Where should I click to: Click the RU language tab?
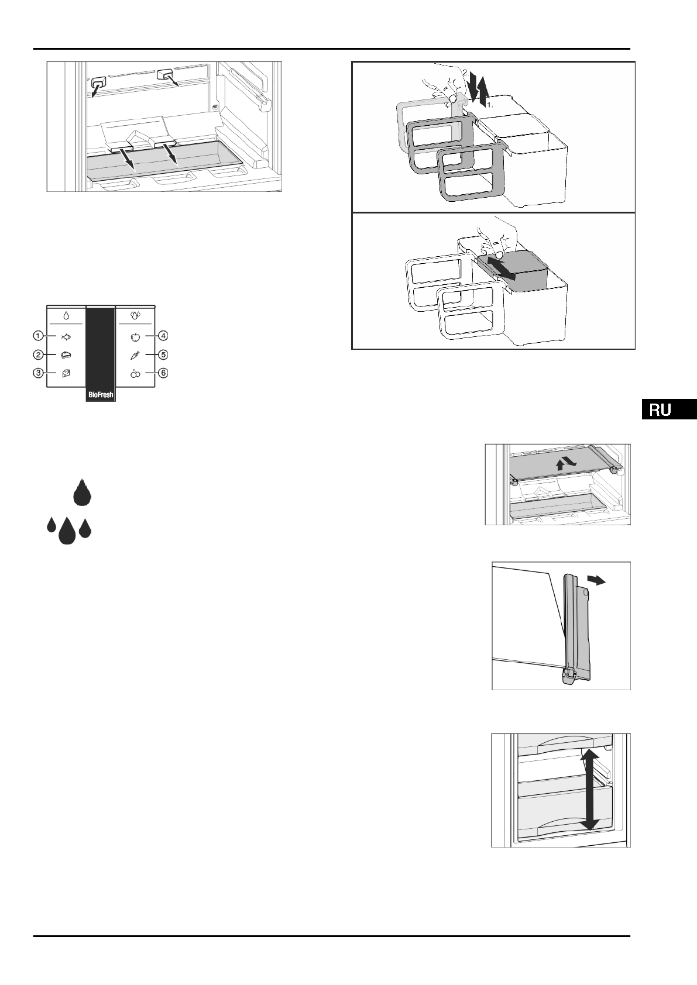click(668, 410)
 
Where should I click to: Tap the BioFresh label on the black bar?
click(101, 395)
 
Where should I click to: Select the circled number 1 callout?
click(38, 336)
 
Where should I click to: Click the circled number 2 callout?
click(38, 354)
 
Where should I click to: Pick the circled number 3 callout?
click(38, 373)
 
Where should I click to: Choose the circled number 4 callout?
click(163, 336)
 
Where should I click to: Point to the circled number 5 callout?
click(163, 354)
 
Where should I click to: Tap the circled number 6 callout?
click(163, 373)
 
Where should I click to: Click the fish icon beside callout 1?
click(66, 337)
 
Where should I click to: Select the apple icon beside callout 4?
click(135, 337)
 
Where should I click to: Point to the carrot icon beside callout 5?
click(135, 355)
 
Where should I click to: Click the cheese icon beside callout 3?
click(66, 373)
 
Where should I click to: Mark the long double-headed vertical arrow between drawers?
click(589, 790)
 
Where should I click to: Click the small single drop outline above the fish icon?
click(66, 316)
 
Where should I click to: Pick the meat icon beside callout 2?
click(66, 355)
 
